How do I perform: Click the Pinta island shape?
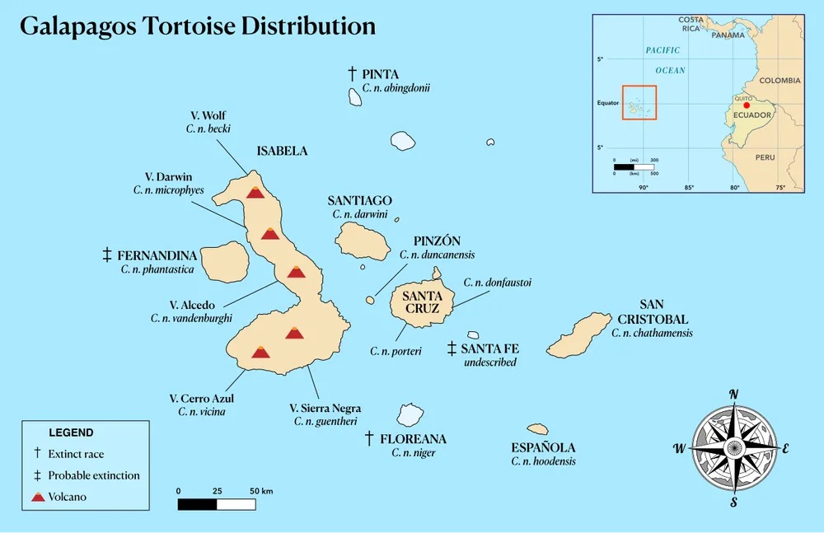click(x=355, y=97)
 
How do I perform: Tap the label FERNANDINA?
click(x=157, y=255)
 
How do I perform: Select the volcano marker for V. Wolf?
click(x=255, y=192)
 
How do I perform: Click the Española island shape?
click(x=538, y=429)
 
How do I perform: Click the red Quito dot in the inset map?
click(x=747, y=105)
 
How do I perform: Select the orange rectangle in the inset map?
click(x=639, y=102)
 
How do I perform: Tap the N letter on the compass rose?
click(x=733, y=394)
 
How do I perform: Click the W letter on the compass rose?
click(x=679, y=449)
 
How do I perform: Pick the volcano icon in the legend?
click(x=36, y=497)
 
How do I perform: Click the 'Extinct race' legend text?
click(x=76, y=454)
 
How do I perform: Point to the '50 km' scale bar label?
click(x=261, y=491)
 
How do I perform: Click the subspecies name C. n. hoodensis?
click(x=543, y=461)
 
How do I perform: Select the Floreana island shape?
click(x=410, y=414)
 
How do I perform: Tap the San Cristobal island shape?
click(x=581, y=334)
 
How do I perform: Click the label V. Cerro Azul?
click(x=201, y=399)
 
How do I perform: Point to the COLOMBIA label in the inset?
click(x=780, y=81)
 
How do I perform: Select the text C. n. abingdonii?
click(x=396, y=88)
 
